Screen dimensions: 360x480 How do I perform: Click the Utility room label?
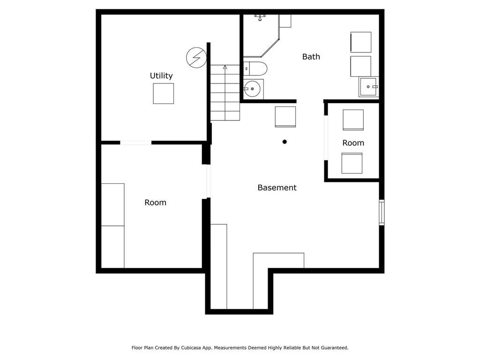click(x=161, y=75)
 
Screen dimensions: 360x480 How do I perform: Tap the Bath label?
click(x=311, y=57)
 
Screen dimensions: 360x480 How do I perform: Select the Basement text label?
click(x=277, y=187)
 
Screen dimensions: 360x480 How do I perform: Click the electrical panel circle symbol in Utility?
click(x=196, y=57)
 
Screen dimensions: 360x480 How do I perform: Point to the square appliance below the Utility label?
click(x=163, y=93)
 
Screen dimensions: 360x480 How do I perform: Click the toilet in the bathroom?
click(x=255, y=68)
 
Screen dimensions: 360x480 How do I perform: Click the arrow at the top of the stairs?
click(x=225, y=67)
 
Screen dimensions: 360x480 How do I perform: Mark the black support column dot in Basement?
click(x=285, y=142)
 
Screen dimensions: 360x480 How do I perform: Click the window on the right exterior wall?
click(x=382, y=212)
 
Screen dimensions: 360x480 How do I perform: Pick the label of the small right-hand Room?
click(x=353, y=143)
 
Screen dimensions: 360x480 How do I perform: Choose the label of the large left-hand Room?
click(x=155, y=202)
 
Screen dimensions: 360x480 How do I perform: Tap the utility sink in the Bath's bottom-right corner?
click(x=368, y=87)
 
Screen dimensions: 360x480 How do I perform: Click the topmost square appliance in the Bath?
click(x=361, y=42)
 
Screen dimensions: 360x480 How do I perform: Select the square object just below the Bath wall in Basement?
click(x=285, y=117)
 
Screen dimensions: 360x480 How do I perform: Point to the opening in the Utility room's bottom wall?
click(x=135, y=142)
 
